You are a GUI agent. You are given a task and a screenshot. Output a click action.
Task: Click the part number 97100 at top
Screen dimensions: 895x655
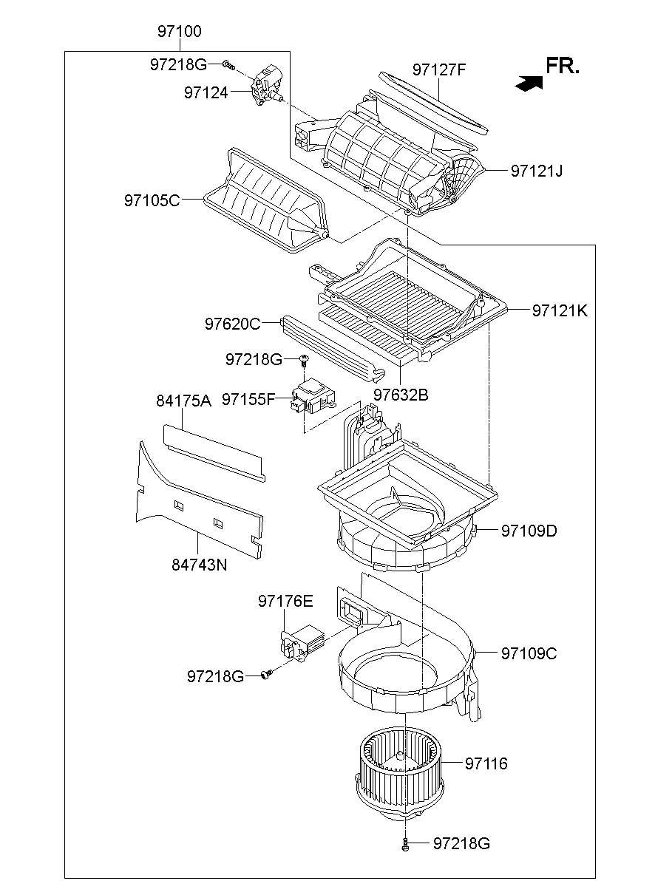pos(179,32)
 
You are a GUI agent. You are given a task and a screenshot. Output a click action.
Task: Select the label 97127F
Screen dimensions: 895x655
pos(439,70)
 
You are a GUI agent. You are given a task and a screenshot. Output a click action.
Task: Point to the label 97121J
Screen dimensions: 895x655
pos(536,171)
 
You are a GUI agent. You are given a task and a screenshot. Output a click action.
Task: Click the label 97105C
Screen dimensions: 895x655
pos(152,200)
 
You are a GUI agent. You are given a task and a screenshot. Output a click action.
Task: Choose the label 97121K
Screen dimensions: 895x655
pos(559,311)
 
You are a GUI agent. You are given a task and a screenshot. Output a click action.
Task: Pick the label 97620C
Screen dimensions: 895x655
pos(232,323)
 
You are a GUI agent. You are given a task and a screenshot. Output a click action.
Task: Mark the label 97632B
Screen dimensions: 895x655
pos(401,395)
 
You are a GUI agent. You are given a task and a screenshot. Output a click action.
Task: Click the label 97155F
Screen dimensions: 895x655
pos(248,399)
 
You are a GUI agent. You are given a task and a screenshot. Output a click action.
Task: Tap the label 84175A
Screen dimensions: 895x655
pos(183,401)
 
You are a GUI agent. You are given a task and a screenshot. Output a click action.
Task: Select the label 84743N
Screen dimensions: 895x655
pos(199,565)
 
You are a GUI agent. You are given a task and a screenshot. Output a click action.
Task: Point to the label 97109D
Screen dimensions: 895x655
pos(529,531)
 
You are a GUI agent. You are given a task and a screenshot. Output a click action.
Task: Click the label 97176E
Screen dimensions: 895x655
pos(285,602)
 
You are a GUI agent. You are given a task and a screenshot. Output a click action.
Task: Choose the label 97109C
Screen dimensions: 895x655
pos(529,653)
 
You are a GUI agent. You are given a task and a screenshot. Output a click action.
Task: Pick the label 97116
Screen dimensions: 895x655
pos(486,763)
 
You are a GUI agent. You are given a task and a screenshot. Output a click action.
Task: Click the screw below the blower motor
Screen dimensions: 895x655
pos(406,845)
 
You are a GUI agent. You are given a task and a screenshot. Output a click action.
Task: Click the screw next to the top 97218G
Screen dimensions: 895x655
pos(228,66)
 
